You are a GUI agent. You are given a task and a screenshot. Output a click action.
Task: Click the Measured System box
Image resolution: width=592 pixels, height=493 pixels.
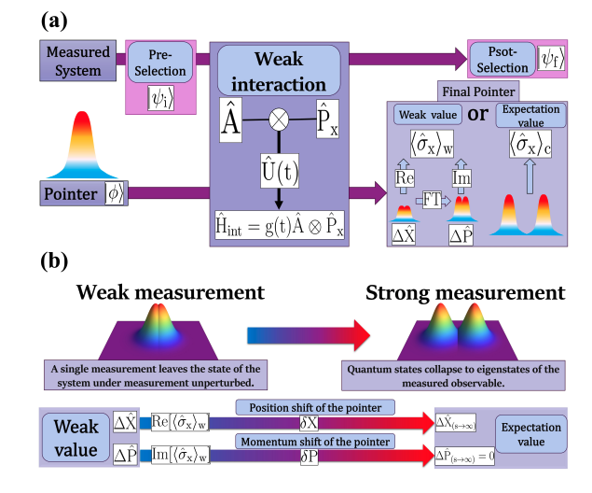(78, 61)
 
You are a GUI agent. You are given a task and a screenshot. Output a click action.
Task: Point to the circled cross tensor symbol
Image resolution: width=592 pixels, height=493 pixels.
(277, 120)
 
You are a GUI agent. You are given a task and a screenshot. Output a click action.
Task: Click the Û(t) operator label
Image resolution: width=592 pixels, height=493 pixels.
(277, 173)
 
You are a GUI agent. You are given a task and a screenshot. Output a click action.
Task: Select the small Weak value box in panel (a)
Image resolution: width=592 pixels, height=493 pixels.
(425, 115)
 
